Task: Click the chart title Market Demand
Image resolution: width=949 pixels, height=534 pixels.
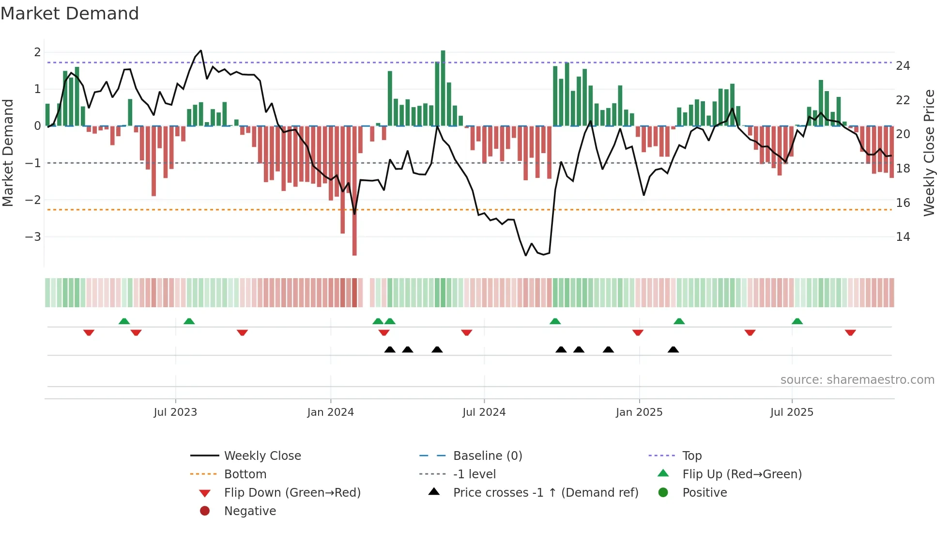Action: [x=70, y=14]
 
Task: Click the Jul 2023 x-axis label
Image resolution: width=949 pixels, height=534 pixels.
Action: [x=175, y=412]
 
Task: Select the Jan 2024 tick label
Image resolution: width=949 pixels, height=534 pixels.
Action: [x=331, y=412]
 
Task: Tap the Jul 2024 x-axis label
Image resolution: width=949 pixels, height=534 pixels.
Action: [x=484, y=412]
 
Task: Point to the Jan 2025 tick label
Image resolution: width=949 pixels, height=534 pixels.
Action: [x=639, y=412]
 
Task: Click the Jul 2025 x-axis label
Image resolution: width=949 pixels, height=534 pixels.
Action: [x=792, y=412]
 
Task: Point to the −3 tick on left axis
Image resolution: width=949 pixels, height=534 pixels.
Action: [x=33, y=237]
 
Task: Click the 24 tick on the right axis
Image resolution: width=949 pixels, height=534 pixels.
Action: [x=903, y=66]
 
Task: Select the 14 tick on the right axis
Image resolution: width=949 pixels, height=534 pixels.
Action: [x=903, y=237]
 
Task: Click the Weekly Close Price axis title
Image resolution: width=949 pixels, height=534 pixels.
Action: [x=929, y=153]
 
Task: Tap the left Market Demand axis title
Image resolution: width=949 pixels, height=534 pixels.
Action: [x=8, y=153]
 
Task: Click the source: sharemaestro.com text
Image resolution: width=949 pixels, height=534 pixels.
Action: [x=857, y=380]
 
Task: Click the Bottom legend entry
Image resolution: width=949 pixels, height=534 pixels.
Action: [x=245, y=474]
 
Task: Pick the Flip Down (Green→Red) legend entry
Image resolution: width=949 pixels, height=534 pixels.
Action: [x=292, y=493]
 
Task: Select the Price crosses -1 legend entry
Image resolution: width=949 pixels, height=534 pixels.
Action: [x=546, y=493]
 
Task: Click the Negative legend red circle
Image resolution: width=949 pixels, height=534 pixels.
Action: [x=205, y=511]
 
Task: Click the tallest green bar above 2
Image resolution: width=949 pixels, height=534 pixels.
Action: [x=443, y=87]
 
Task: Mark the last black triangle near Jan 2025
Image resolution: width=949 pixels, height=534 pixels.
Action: [x=673, y=350]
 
